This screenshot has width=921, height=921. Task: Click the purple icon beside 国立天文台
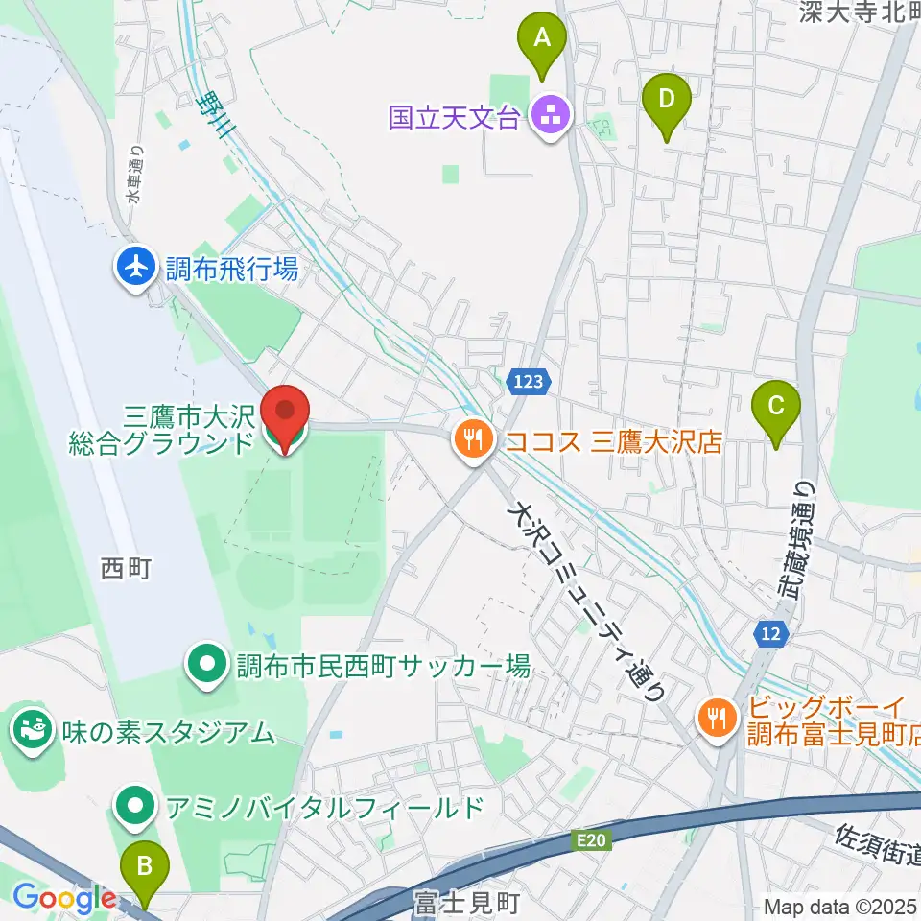[x=551, y=118]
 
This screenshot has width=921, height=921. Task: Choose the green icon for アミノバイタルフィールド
[x=135, y=807]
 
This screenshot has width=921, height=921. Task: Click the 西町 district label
[x=126, y=570]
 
